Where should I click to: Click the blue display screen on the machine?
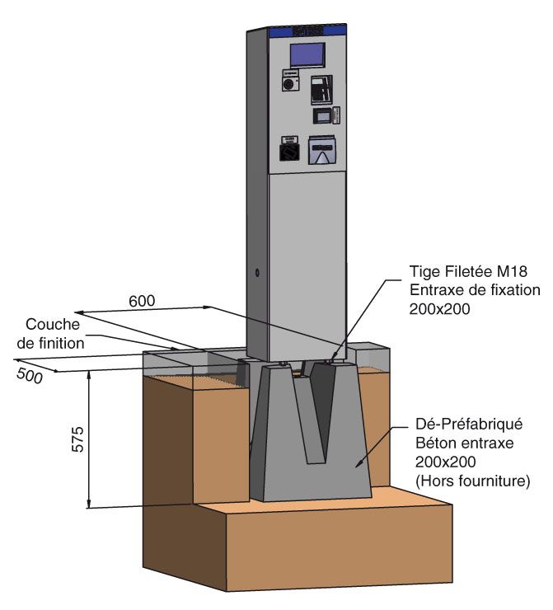tap(306, 55)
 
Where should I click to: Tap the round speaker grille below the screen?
tap(289, 84)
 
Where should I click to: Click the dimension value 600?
tap(143, 301)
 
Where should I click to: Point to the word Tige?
tap(424, 271)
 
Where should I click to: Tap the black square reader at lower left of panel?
tap(288, 152)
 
